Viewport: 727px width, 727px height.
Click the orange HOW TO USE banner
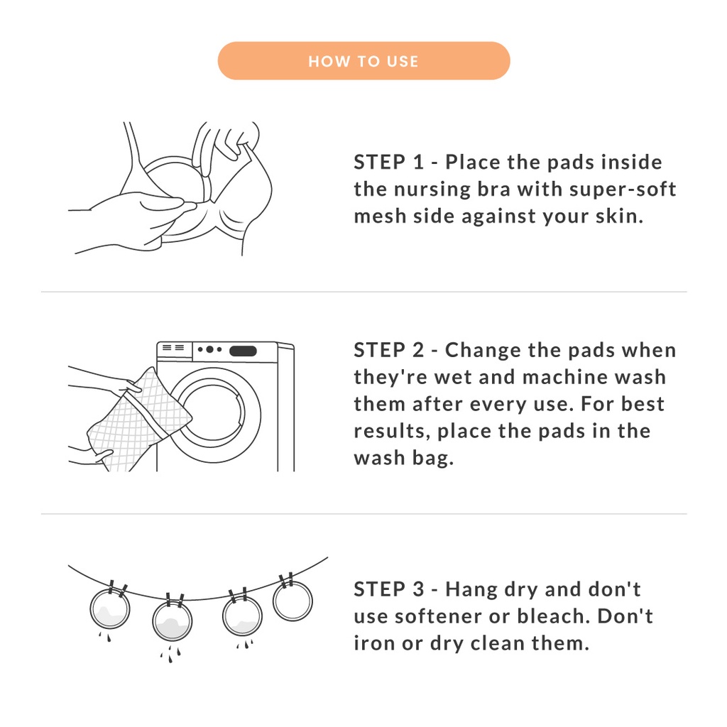pos(364,61)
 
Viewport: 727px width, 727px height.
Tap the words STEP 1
pos(389,163)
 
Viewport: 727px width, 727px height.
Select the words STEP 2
pos(389,350)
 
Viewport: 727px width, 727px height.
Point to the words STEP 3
pos(389,589)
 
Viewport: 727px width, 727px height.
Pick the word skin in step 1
pos(619,216)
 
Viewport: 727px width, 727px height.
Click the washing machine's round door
pos(212,415)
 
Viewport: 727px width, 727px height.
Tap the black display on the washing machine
pos(243,351)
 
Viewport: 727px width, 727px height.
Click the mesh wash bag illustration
pos(139,420)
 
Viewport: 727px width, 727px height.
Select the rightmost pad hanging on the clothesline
pos(293,601)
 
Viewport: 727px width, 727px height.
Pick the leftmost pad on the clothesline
pos(110,609)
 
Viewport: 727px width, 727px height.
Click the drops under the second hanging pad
pos(170,654)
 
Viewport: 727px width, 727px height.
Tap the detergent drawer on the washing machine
pos(174,350)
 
